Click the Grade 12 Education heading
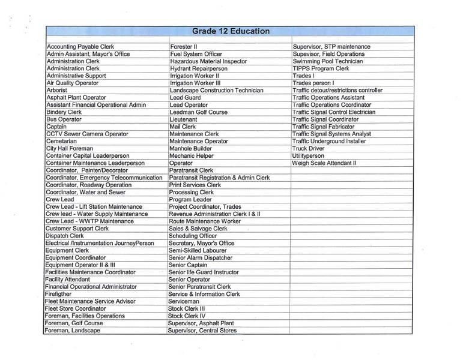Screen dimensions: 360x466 click(x=231, y=31)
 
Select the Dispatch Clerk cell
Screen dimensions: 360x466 click(x=65, y=236)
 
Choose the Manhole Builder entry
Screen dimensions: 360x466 click(x=190, y=148)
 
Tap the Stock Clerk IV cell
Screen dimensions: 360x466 click(x=187, y=316)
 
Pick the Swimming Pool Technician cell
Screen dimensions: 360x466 click(x=327, y=61)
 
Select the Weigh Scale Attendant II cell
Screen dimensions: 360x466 click(x=324, y=163)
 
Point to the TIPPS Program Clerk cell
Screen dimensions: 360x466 click(x=321, y=69)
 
